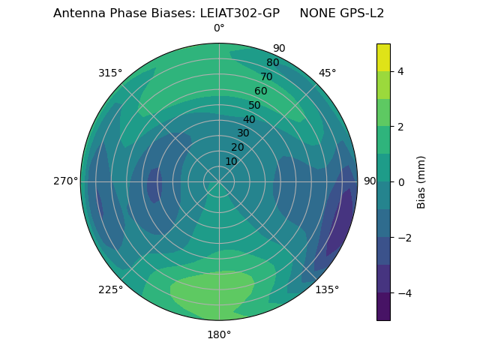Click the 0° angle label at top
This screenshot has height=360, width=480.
[x=219, y=28]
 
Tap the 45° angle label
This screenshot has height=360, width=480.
[x=327, y=73]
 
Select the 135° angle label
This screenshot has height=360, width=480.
[x=327, y=289]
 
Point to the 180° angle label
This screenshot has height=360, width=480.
[x=219, y=334]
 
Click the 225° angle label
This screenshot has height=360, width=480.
[x=110, y=289]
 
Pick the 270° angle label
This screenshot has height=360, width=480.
[x=65, y=181]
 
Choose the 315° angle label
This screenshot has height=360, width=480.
[x=110, y=73]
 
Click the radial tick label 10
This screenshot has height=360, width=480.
[x=231, y=161]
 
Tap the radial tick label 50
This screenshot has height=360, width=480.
[x=254, y=105]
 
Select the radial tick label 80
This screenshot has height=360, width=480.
[x=272, y=62]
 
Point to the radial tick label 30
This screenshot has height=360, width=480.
[x=243, y=133]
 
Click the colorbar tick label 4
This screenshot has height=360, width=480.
[x=400, y=71]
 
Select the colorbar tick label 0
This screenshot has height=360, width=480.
[x=400, y=181]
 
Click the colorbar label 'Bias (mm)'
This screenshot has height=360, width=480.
[x=421, y=181]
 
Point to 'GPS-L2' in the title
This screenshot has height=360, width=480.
[x=363, y=13]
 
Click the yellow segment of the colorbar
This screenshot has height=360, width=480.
[x=383, y=57]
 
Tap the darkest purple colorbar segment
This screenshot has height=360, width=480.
[x=383, y=307]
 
